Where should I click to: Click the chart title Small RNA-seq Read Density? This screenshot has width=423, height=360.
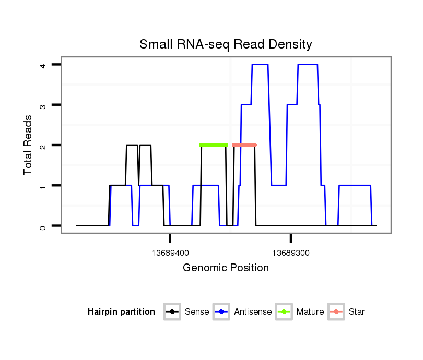click(x=226, y=44)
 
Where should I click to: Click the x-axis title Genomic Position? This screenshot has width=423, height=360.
click(x=226, y=268)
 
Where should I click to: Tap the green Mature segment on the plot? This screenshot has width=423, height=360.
click(x=214, y=145)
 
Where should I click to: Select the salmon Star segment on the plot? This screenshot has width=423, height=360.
click(x=244, y=145)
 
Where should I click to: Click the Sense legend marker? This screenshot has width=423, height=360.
click(x=172, y=312)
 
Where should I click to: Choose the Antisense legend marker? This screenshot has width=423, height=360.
click(x=222, y=312)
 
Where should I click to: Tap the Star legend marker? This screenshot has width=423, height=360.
click(x=336, y=312)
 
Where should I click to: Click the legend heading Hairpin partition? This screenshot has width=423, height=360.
click(x=121, y=312)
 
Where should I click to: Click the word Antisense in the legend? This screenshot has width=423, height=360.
click(x=253, y=312)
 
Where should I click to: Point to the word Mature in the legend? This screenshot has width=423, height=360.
click(x=310, y=312)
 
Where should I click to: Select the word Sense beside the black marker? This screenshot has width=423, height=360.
click(x=197, y=312)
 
